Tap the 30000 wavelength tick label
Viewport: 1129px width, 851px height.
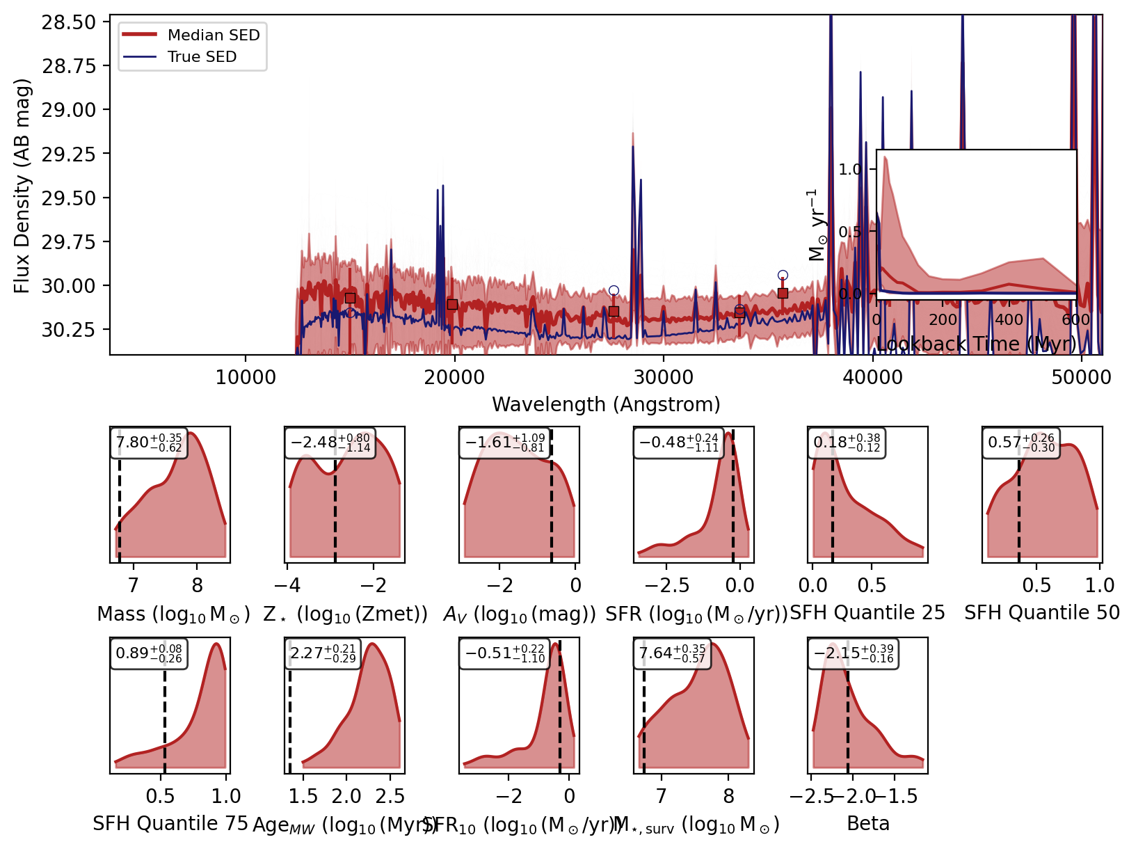point(663,377)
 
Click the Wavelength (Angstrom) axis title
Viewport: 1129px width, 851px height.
point(606,404)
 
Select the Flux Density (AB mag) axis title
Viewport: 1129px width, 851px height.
point(22,186)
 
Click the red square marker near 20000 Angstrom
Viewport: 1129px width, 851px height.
point(452,304)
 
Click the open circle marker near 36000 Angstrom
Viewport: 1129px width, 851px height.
point(783,276)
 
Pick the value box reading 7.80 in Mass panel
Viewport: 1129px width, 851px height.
point(149,443)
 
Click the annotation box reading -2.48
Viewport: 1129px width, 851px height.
point(330,443)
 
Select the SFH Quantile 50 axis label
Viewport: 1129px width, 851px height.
point(1041,613)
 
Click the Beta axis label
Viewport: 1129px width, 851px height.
point(867,824)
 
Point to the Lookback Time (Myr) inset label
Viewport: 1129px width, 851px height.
point(976,344)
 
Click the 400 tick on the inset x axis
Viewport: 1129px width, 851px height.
point(1009,320)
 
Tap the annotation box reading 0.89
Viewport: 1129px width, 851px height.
point(149,653)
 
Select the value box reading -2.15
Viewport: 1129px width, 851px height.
point(854,653)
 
